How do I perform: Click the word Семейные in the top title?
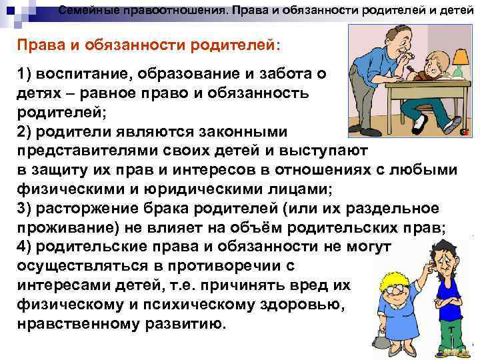click(87, 10)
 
